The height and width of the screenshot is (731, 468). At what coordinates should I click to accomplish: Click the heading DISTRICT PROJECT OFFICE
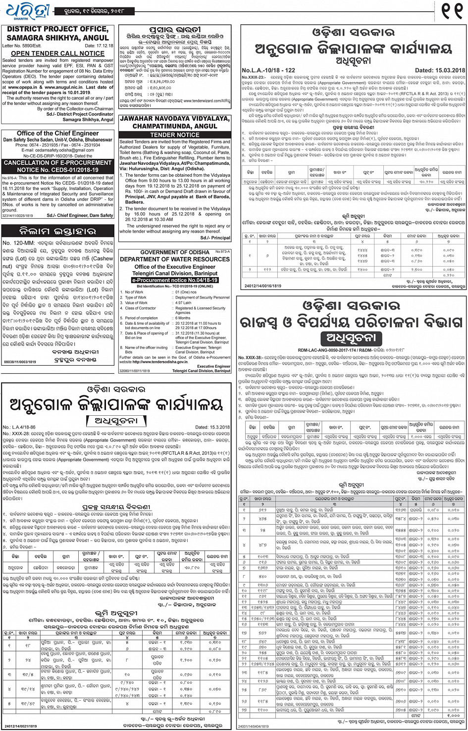pyautogui.click(x=57, y=29)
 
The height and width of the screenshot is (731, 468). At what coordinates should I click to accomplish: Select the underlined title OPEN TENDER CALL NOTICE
pyautogui.click(x=58, y=53)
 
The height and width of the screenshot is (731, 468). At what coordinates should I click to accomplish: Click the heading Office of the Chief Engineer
pyautogui.click(x=58, y=133)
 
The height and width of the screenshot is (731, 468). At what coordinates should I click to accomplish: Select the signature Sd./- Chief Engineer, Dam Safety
pyautogui.click(x=80, y=215)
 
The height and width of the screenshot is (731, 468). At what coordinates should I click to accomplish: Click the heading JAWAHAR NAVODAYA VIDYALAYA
pyautogui.click(x=175, y=119)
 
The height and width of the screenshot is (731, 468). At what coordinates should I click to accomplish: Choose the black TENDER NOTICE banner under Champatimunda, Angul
pyautogui.click(x=175, y=135)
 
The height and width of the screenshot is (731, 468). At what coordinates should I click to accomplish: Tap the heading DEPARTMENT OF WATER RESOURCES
pyautogui.click(x=175, y=259)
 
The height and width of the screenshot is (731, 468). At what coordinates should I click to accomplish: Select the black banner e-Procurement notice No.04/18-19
pyautogui.click(x=175, y=280)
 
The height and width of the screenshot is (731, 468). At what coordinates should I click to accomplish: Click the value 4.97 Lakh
pyautogui.click(x=183, y=303)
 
